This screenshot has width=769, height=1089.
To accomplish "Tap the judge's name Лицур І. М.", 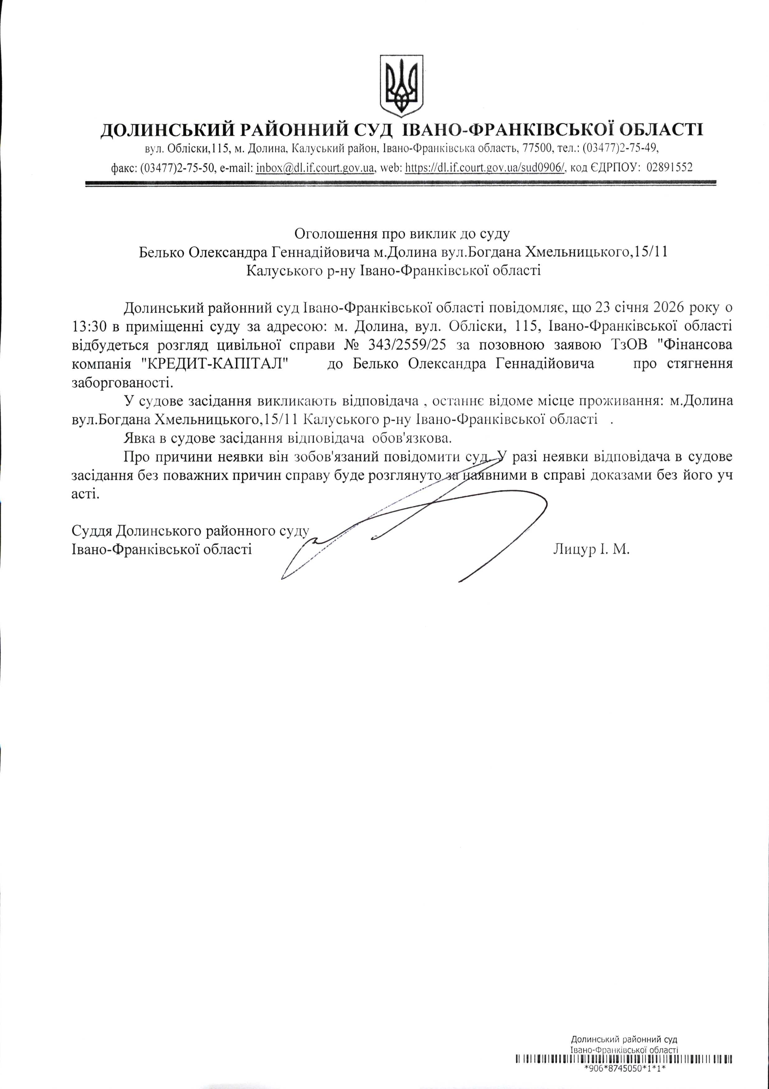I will point(591,550).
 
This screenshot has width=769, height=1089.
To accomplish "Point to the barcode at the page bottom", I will point(624,1068).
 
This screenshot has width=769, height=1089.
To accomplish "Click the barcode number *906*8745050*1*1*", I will point(625,1078).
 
